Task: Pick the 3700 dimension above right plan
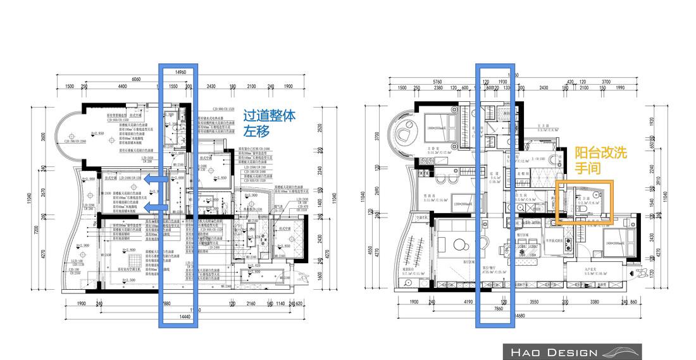pyautogui.click(x=606, y=82)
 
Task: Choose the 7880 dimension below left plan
pyautogui.click(x=166, y=303)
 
